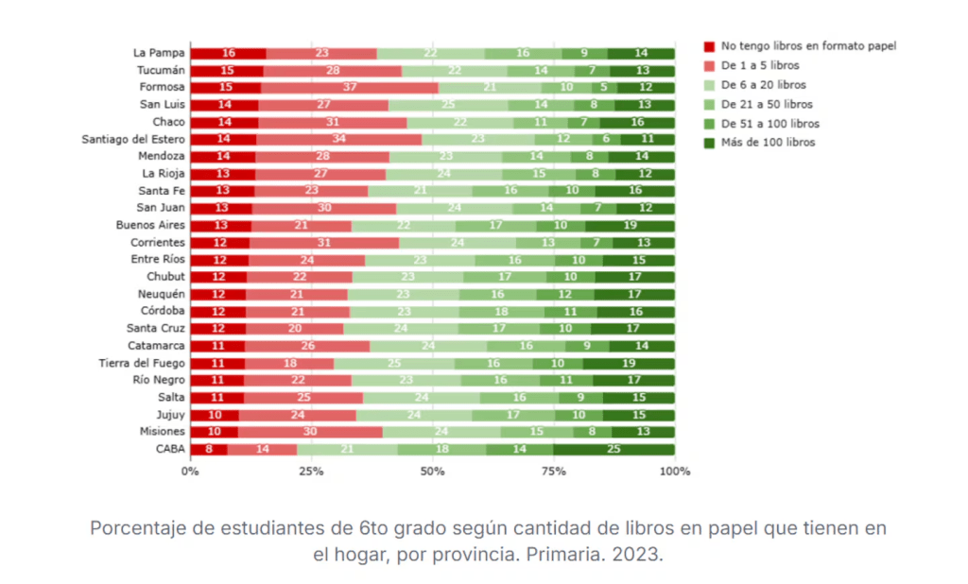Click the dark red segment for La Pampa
[x=228, y=53]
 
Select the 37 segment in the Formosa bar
[x=350, y=88]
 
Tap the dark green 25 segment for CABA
[x=614, y=449]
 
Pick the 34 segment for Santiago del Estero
[x=339, y=139]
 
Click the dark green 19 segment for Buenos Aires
[x=630, y=225]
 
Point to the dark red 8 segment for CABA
[x=209, y=449]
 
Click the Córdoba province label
[x=162, y=311]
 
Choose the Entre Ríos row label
[x=157, y=260]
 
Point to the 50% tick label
[x=433, y=471]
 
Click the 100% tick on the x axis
[x=675, y=471]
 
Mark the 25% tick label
[x=312, y=471]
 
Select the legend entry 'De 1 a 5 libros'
[x=760, y=65]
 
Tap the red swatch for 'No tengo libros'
[x=709, y=45]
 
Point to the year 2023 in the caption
[x=638, y=555]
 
